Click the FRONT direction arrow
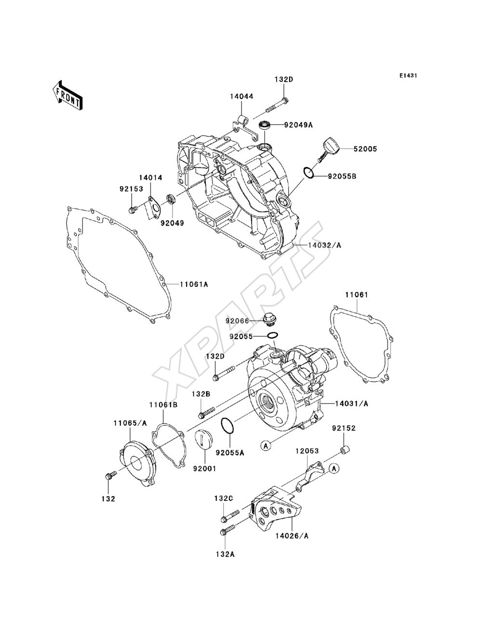67,95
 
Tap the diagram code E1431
408,76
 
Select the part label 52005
365,149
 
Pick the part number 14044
241,96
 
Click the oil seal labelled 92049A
265,126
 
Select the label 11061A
194,284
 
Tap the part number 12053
307,451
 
